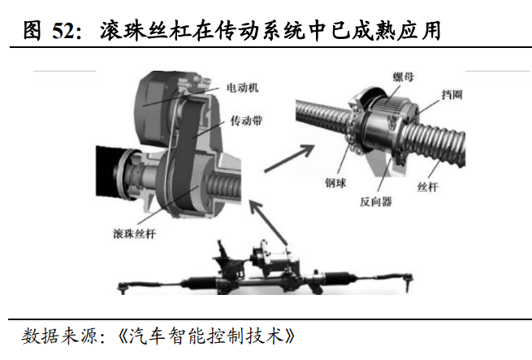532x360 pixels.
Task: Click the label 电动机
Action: pos(242,88)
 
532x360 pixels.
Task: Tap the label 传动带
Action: pos(246,120)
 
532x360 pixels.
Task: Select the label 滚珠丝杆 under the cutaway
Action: pos(134,234)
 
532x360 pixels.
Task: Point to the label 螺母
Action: pos(404,76)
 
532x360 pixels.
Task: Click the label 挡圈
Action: pos(452,94)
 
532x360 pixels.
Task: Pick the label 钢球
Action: pos(335,183)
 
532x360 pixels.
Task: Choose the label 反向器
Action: pos(376,202)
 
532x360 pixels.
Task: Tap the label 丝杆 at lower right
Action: pos(427,187)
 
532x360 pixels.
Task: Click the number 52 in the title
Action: pos(63,31)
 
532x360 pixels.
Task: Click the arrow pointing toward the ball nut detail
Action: pos(289,158)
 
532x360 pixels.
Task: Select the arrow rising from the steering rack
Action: pos(269,223)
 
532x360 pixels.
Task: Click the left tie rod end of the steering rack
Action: pos(123,288)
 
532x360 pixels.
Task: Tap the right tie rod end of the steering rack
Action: pos(408,281)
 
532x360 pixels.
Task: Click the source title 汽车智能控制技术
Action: pos(206,336)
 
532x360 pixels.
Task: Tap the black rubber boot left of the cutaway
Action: pos(108,171)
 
